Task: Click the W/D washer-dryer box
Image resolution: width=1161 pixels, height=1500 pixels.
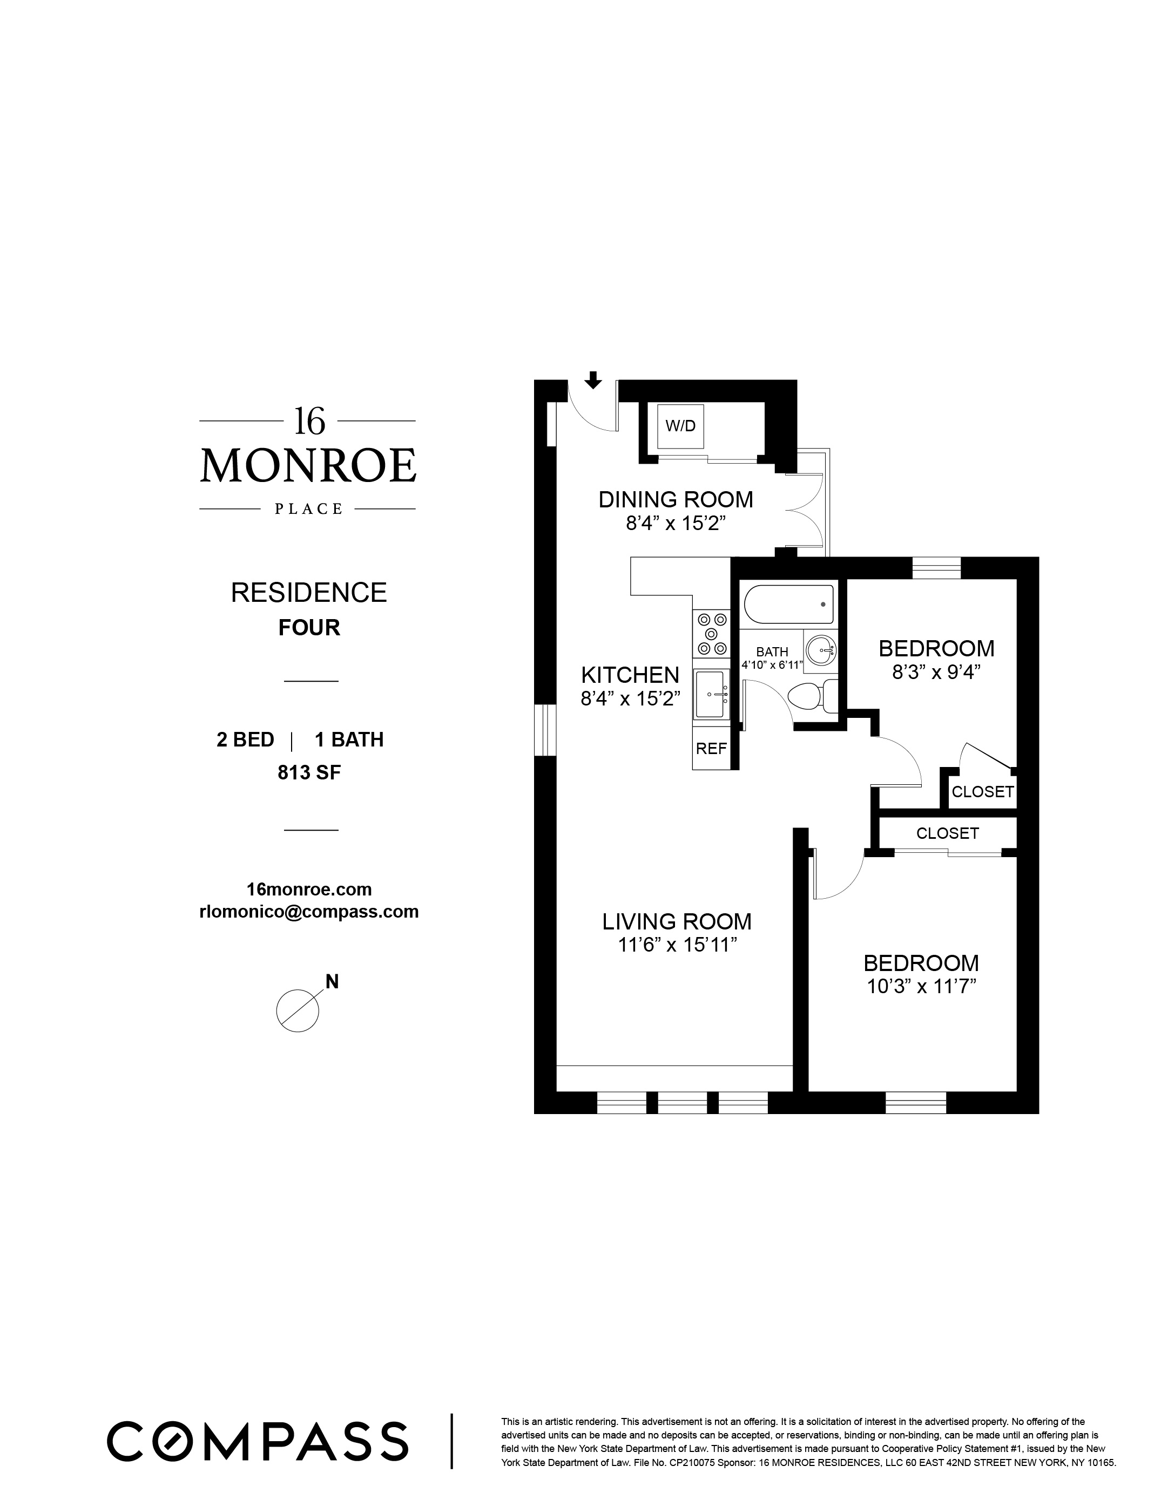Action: coord(680,426)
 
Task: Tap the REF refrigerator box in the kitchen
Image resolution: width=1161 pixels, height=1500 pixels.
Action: coord(711,749)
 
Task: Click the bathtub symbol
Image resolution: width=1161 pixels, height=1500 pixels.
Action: coord(788,603)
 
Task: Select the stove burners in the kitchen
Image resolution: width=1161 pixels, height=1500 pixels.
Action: coord(712,633)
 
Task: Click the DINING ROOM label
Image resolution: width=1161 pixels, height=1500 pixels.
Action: coord(676,499)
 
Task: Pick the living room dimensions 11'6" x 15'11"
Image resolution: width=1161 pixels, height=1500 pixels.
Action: coord(677,946)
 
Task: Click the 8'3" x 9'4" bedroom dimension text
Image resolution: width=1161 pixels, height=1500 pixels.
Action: coord(936,673)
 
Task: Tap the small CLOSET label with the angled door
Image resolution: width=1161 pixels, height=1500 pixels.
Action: coord(982,792)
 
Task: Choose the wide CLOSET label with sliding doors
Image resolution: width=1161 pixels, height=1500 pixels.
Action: coord(947,833)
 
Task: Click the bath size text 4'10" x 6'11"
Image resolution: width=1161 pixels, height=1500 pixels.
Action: coord(772,665)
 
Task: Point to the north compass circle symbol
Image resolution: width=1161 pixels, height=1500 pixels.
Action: coord(298,1010)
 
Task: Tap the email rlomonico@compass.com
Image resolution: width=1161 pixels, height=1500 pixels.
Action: coord(308,912)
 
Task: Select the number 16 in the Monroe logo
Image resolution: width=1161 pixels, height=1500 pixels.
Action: coord(309,421)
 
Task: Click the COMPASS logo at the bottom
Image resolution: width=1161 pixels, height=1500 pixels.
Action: coord(258,1440)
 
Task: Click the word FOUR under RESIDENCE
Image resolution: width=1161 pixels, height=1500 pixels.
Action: coord(309,628)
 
